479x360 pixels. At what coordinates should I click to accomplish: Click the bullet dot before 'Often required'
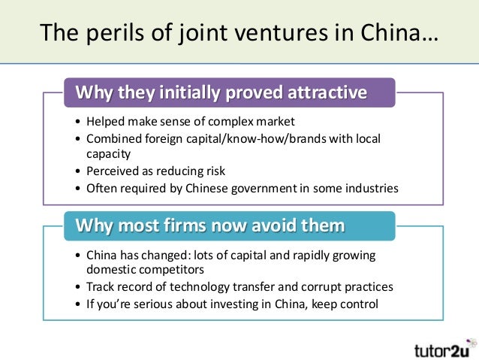pos(79,189)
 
